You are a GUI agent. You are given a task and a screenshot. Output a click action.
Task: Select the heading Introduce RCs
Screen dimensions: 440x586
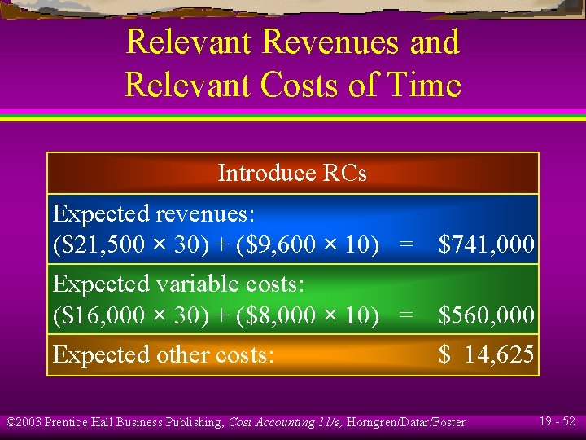coord(292,174)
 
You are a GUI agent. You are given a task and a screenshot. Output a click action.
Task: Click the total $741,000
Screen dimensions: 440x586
coord(486,244)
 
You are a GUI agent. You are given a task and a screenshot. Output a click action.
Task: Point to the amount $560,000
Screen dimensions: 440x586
coord(486,315)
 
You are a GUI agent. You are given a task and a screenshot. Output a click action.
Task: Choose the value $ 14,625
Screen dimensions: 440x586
coord(486,354)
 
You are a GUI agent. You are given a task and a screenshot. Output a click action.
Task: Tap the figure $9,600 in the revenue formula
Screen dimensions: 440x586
coord(277,244)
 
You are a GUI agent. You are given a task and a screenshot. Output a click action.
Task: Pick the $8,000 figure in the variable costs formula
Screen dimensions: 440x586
coord(277,315)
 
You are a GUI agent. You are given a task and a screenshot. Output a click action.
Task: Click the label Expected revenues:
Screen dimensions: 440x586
coord(154,214)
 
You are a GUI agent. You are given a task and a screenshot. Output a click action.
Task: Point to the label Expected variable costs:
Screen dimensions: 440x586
coord(178,284)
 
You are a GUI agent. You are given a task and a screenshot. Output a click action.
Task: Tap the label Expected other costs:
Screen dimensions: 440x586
coord(164,354)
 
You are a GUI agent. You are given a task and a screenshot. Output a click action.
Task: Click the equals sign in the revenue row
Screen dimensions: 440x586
coord(405,244)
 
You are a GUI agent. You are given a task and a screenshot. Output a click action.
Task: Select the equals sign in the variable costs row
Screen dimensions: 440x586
coord(405,315)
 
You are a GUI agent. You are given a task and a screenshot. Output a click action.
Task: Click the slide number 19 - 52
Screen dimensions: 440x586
coord(557,421)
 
